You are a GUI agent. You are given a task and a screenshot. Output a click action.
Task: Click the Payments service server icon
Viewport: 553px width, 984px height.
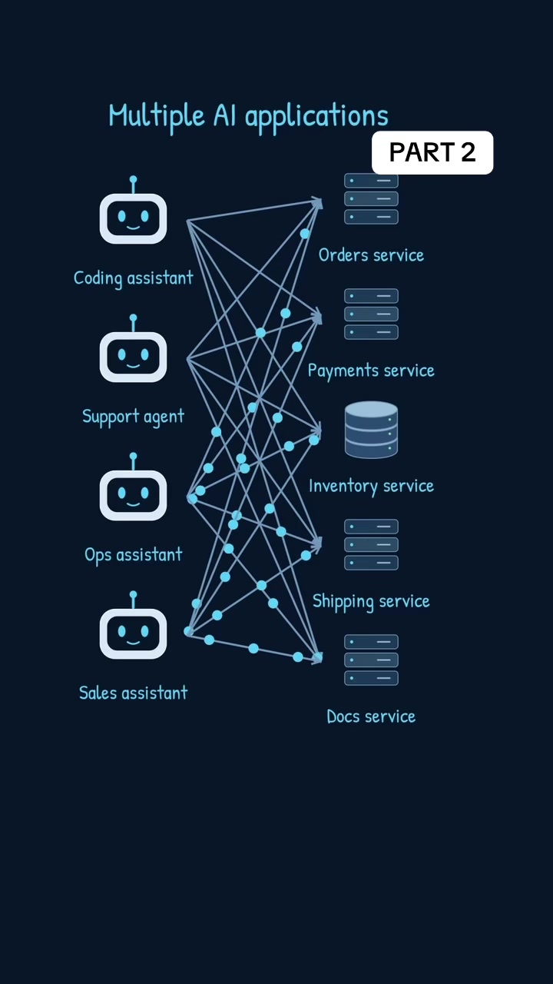(x=371, y=314)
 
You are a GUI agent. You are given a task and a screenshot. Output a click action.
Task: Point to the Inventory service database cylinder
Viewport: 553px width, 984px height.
(x=371, y=430)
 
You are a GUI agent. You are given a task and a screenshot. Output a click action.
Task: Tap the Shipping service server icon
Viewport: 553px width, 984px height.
(x=371, y=545)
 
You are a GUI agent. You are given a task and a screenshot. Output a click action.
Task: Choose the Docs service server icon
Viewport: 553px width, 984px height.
(x=371, y=660)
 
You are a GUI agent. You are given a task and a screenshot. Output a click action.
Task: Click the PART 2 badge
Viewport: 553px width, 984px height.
(x=432, y=152)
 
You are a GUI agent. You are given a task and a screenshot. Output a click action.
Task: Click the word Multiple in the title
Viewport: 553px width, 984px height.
(x=157, y=116)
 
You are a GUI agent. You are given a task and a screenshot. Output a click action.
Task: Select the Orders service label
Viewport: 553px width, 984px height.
(x=371, y=255)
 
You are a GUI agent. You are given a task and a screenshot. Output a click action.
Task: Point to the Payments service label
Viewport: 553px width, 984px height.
(x=371, y=371)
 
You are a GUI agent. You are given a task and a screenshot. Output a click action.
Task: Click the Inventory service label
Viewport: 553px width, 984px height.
(x=371, y=487)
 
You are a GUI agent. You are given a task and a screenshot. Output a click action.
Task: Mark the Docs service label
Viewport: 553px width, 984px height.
(x=371, y=716)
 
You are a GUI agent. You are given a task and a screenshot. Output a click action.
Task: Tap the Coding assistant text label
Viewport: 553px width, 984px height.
(x=134, y=278)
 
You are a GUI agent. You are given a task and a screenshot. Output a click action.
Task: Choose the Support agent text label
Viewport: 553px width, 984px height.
(x=134, y=417)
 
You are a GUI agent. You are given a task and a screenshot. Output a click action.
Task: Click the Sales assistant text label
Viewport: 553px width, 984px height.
(x=134, y=693)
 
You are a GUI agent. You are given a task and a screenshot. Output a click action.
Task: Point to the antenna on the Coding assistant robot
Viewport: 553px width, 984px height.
(x=134, y=184)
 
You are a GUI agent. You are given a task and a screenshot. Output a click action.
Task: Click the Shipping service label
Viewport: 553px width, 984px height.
(x=371, y=602)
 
